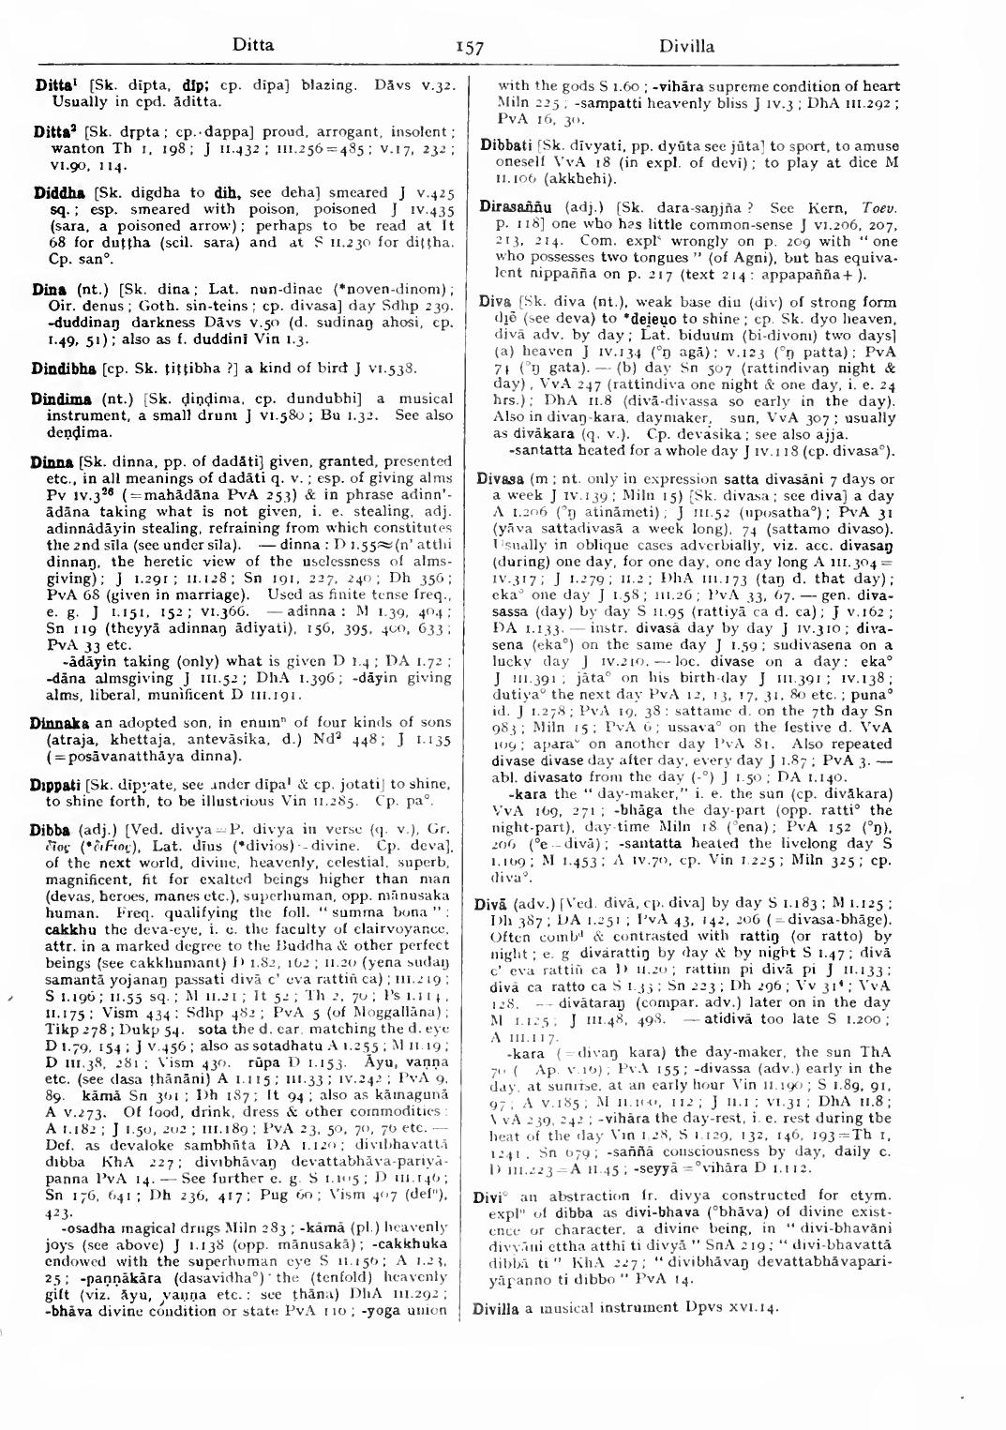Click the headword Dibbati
tap(506, 146)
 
